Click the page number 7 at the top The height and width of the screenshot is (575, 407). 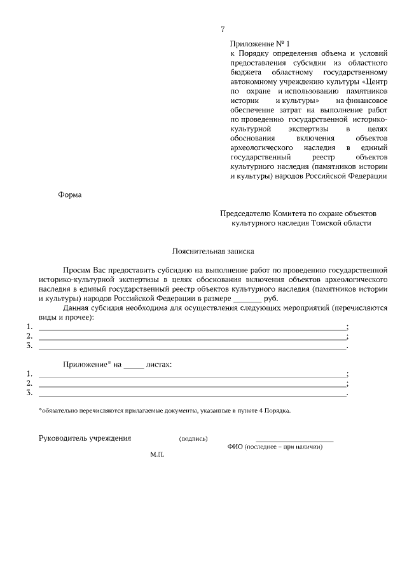(223, 29)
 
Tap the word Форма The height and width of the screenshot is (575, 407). (70, 195)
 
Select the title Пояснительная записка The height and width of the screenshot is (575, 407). (213, 251)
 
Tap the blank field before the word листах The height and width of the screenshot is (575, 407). (133, 365)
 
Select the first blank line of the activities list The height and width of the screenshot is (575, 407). (192, 327)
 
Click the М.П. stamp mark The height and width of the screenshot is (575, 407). (158, 456)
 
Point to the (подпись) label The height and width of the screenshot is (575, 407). (193, 439)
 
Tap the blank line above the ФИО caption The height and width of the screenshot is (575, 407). (294, 440)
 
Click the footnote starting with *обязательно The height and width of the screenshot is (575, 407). (164, 411)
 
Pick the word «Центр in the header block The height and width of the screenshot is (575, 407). (374, 81)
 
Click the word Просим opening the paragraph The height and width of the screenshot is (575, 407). (76, 270)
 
